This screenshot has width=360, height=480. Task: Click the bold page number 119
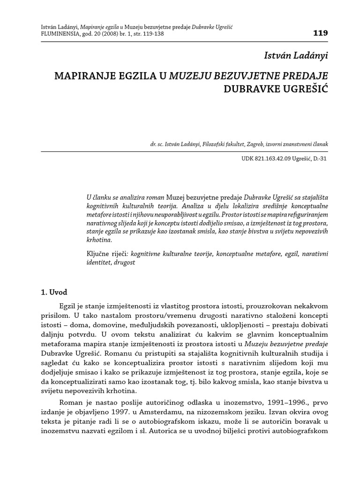tap(320, 33)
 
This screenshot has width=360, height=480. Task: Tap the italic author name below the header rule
tap(296, 56)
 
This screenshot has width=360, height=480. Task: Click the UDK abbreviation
tap(248, 159)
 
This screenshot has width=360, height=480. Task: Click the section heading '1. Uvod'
tap(54, 292)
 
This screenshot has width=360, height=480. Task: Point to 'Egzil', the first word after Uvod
tap(67, 306)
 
